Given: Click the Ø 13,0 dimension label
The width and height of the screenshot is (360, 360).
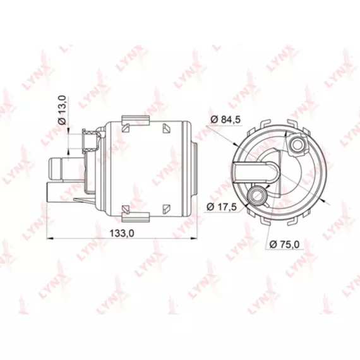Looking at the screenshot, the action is (63, 110).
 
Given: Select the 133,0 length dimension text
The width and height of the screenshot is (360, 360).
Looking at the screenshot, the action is (122, 234).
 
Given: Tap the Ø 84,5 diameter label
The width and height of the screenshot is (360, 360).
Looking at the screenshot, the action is (225, 119).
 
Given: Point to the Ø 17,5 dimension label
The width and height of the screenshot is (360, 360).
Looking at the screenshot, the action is (221, 207).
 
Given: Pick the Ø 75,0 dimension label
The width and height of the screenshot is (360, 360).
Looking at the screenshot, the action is (284, 244).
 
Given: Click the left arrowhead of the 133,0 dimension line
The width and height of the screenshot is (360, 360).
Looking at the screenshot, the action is (50, 239).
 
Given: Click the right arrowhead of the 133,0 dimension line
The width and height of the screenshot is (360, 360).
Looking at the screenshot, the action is (194, 239).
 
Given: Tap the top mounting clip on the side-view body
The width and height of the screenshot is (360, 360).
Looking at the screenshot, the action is (135, 120).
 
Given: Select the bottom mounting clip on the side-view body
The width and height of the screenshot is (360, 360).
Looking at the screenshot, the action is (135, 217).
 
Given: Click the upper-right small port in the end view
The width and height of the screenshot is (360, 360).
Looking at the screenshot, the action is (297, 145).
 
